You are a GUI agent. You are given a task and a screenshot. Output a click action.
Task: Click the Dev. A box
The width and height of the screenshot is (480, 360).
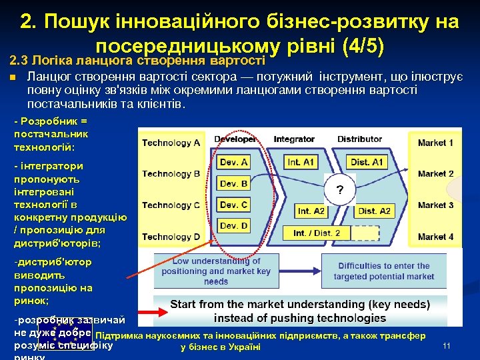click(x=234, y=162)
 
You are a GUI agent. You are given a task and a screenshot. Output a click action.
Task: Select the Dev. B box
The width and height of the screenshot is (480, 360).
click(x=234, y=183)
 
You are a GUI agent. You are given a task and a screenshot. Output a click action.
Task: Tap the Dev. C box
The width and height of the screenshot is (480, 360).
click(x=234, y=205)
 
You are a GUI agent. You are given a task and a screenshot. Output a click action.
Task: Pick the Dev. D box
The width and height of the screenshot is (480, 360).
click(x=234, y=226)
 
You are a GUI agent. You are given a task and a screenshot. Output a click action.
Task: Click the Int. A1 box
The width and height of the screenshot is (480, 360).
click(x=301, y=162)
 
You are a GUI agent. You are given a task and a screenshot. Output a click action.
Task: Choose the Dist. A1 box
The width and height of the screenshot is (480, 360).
click(x=369, y=162)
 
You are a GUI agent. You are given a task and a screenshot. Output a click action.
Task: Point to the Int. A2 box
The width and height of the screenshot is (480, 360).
click(x=311, y=211)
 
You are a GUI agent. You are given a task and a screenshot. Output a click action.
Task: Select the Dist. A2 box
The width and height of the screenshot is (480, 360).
click(x=374, y=211)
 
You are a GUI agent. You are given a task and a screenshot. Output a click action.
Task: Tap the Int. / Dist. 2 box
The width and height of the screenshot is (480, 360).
click(x=317, y=233)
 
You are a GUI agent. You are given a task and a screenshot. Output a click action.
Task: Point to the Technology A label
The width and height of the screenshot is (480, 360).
click(x=171, y=143)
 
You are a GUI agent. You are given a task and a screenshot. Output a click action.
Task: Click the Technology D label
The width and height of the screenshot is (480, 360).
click(x=171, y=237)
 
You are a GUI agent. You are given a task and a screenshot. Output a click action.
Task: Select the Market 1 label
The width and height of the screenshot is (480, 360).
click(x=435, y=143)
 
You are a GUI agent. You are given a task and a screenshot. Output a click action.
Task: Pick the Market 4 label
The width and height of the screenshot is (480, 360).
click(x=435, y=237)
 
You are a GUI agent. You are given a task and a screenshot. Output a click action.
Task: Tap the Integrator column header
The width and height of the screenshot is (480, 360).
click(x=294, y=139)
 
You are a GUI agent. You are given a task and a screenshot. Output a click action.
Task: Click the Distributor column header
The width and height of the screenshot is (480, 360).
click(x=360, y=139)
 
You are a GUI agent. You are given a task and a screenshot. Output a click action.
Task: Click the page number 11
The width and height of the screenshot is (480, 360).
click(x=447, y=345)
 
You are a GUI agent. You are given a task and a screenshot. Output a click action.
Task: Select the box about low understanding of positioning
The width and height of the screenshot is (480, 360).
click(x=217, y=271)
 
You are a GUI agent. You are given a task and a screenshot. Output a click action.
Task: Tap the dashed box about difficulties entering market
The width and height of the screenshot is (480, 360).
click(x=383, y=271)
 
